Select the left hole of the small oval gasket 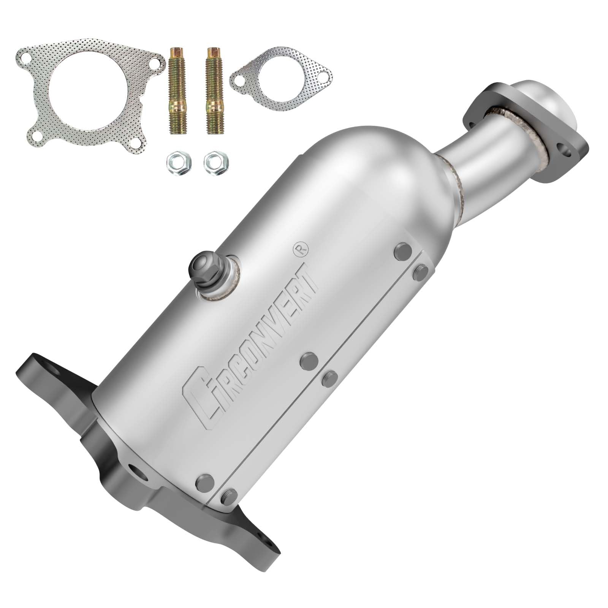tap(239, 80)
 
